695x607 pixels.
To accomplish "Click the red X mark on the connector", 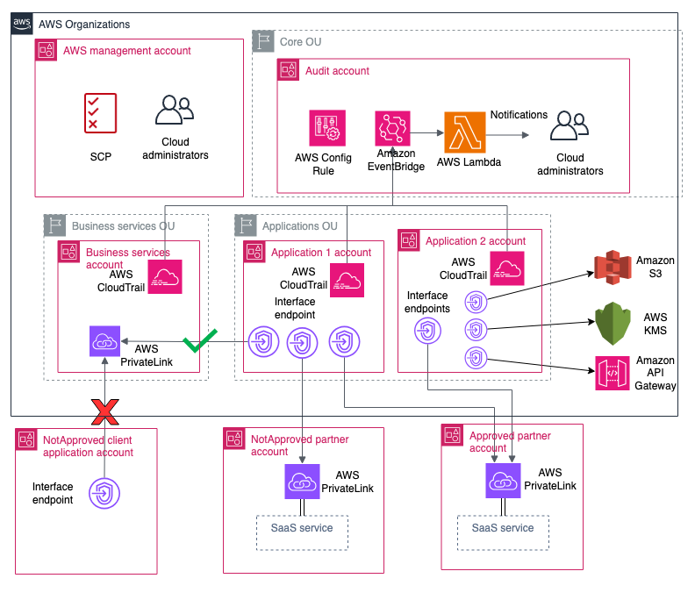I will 105,409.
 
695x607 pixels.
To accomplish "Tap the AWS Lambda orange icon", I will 465,133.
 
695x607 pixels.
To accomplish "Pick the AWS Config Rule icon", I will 325,129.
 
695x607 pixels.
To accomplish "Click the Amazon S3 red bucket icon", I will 613,268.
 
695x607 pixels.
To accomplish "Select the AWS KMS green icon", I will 613,325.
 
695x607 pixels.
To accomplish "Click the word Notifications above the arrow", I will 519,115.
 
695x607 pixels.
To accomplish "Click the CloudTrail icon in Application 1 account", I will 347,280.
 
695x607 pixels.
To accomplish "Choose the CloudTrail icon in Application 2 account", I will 507,268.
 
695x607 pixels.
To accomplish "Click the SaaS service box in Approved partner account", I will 503,529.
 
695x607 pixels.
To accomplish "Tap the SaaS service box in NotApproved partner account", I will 303,529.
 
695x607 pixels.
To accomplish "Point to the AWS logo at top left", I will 23,25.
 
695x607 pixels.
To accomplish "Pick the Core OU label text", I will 301,42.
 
